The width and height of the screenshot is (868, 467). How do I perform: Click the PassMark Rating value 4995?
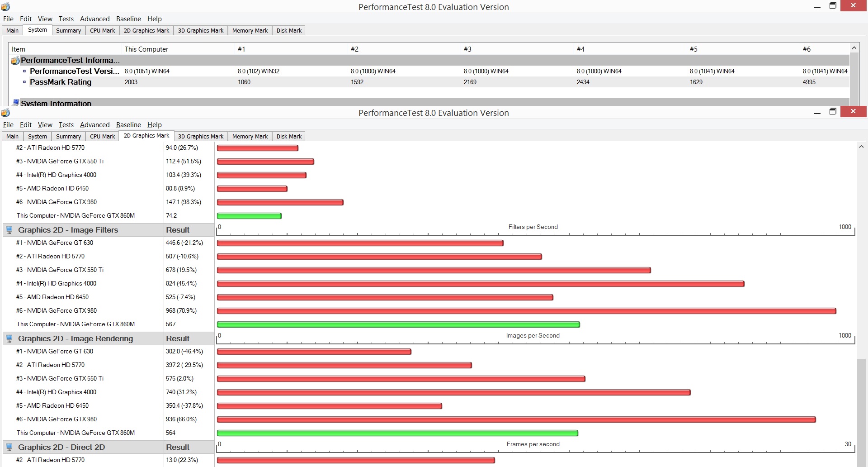pyautogui.click(x=809, y=82)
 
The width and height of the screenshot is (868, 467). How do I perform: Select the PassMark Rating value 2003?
pyautogui.click(x=131, y=82)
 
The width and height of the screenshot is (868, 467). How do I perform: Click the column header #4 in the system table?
pyautogui.click(x=580, y=49)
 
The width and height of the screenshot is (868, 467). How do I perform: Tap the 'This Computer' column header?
pyautogui.click(x=146, y=49)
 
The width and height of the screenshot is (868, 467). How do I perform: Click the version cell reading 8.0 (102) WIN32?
pyautogui.click(x=259, y=71)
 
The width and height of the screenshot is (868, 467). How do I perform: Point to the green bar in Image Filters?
pyautogui.click(x=398, y=324)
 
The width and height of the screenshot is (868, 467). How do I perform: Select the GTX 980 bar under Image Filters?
pyautogui.click(x=527, y=311)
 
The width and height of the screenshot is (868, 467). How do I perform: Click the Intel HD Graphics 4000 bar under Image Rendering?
pyautogui.click(x=454, y=392)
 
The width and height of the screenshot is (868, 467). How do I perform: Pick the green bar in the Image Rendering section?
pyautogui.click(x=397, y=433)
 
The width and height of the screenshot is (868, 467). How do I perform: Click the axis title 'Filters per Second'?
pyautogui.click(x=533, y=227)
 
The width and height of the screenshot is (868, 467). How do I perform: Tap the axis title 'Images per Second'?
pyautogui.click(x=533, y=335)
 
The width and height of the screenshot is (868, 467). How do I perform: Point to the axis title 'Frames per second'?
pyautogui.click(x=533, y=444)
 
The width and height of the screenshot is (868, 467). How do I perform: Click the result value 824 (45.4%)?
pyautogui.click(x=181, y=283)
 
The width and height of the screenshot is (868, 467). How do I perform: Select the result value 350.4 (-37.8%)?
pyautogui.click(x=184, y=405)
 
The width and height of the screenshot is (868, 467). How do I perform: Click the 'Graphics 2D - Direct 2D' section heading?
pyautogui.click(x=61, y=447)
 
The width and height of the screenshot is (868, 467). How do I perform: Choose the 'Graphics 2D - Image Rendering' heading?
pyautogui.click(x=75, y=338)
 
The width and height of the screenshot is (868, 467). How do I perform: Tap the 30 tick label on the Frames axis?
pyautogui.click(x=848, y=444)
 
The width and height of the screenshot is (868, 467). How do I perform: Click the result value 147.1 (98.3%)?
pyautogui.click(x=184, y=202)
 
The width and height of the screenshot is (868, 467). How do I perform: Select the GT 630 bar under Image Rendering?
pyautogui.click(x=314, y=352)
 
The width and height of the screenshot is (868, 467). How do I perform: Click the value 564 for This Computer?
pyautogui.click(x=170, y=433)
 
